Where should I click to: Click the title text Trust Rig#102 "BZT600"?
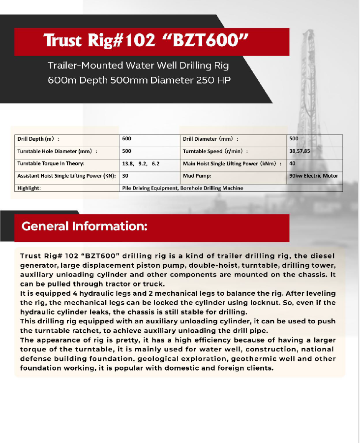145,40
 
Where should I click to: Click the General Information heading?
84,226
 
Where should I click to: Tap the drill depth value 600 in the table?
127,139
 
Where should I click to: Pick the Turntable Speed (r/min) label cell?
215,152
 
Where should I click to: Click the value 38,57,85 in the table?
300,152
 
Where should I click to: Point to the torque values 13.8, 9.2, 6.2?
141,163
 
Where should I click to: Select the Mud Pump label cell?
197,176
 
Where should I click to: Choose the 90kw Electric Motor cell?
314,176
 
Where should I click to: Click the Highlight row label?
29,188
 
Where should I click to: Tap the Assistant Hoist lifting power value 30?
125,176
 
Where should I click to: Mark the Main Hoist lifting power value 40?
293,163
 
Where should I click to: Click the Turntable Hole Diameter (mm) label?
57,152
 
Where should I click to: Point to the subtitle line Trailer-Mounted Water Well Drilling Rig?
138,65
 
